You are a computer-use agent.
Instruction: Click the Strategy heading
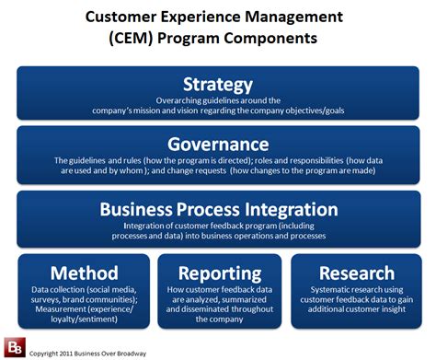point(218,85)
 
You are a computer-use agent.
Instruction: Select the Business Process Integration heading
point(218,209)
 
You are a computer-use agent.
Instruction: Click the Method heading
point(85,273)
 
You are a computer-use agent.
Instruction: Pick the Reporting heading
point(218,273)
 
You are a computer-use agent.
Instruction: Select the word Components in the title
point(274,39)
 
